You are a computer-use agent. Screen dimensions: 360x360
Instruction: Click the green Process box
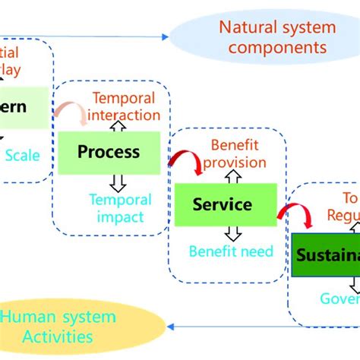109,152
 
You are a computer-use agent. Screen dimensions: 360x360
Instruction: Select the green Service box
222,204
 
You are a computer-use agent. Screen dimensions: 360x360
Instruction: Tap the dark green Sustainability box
325,254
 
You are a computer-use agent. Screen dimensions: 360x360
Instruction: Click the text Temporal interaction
125,107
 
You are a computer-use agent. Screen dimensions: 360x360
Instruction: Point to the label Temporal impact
121,209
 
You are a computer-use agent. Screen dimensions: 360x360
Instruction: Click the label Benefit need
231,251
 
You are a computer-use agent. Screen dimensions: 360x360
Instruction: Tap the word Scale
24,154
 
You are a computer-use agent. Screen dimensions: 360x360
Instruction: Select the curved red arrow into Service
185,162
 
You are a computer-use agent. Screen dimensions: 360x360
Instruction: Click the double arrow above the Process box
118,126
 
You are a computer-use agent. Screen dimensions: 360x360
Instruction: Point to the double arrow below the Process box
118,182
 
